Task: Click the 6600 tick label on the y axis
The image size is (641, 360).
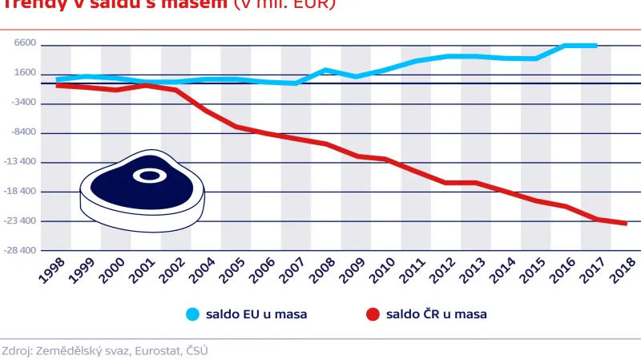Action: pos(26,43)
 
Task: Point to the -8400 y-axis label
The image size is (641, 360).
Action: pos(25,131)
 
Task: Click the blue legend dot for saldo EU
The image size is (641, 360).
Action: pos(192,314)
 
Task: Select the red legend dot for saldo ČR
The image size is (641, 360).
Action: pos(372,314)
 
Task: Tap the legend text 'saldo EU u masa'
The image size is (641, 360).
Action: pos(257,314)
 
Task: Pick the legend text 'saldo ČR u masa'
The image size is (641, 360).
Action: pos(437,314)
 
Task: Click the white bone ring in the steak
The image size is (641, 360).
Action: pos(148,175)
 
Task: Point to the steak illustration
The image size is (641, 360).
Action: pos(143,191)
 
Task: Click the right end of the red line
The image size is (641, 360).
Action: pos(626,224)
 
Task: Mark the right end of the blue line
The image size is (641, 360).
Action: pos(596,46)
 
